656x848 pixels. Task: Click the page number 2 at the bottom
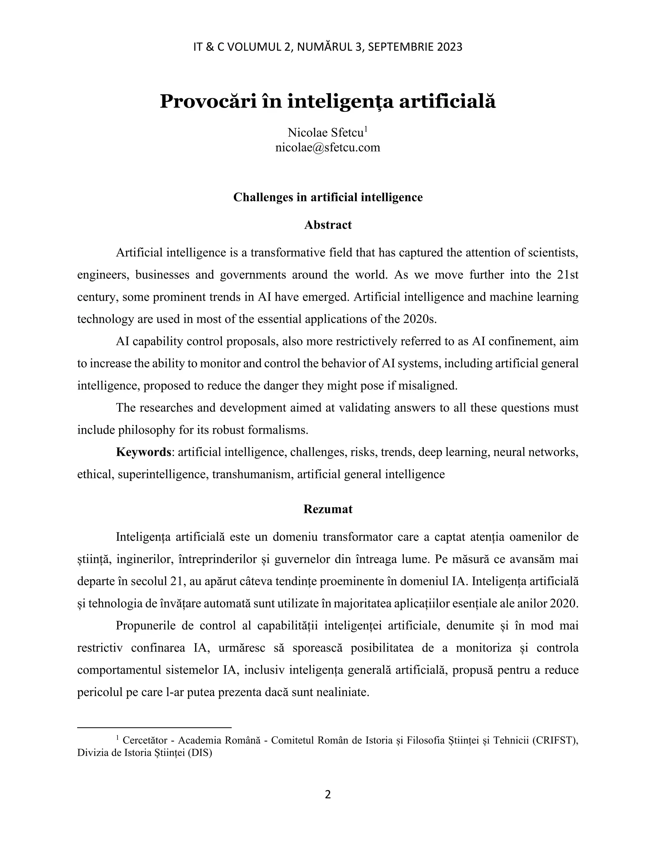click(x=328, y=795)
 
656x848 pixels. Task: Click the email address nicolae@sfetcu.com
click(x=328, y=148)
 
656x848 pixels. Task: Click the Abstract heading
click(x=328, y=225)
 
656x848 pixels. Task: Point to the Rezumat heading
click(x=328, y=509)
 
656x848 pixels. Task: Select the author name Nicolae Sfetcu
click(x=325, y=133)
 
